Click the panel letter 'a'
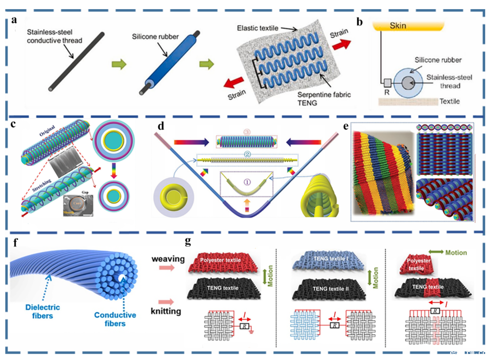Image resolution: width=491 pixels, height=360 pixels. [x=15, y=20]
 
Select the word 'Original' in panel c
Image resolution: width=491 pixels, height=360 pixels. [x=50, y=131]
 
